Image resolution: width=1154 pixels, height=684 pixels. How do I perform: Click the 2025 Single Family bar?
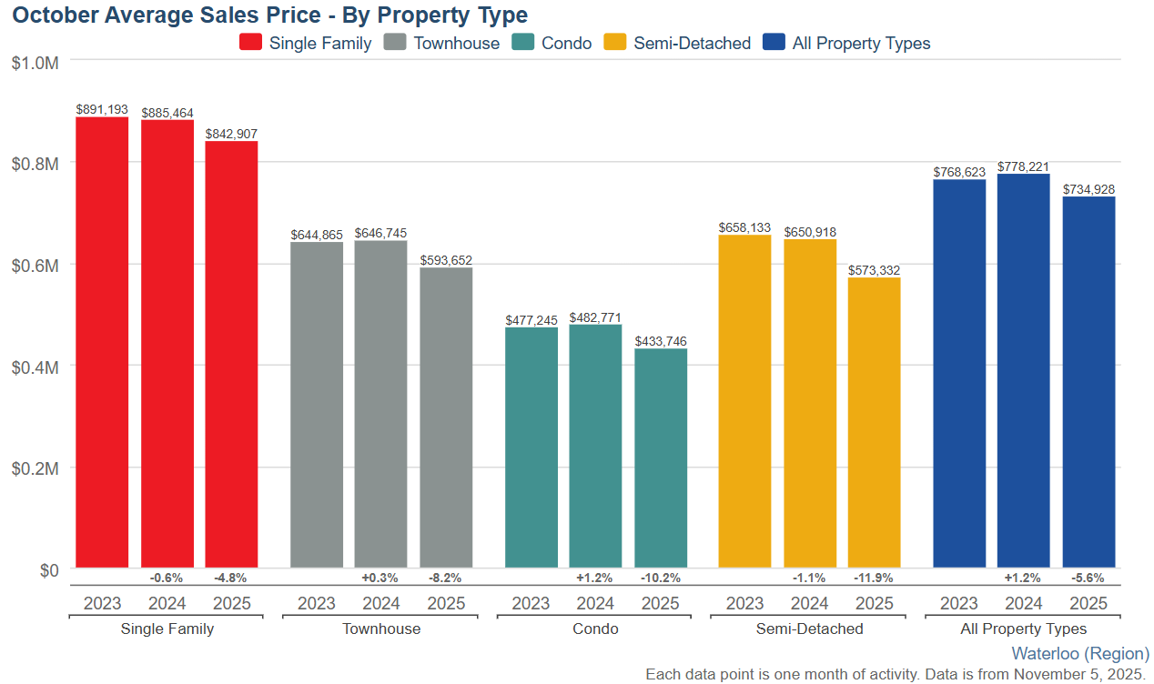click(x=231, y=355)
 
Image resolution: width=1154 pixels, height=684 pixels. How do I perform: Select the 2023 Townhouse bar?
click(x=317, y=405)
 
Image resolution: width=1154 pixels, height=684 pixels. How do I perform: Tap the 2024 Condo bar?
click(x=595, y=446)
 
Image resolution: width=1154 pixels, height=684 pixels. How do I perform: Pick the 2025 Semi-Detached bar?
click(x=875, y=423)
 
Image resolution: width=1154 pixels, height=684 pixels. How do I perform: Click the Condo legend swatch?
click(x=522, y=43)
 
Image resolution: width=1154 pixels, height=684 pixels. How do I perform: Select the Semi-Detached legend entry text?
click(x=692, y=43)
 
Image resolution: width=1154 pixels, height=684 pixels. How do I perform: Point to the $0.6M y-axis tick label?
click(x=35, y=266)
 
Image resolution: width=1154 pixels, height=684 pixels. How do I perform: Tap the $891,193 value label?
click(x=102, y=109)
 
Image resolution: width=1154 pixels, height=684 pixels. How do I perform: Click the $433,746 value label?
click(x=661, y=341)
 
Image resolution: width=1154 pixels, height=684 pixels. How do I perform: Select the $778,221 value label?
click(x=1024, y=166)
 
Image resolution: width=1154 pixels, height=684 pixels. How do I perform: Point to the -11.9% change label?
click(x=875, y=578)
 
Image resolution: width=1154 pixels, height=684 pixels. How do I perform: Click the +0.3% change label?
click(x=380, y=578)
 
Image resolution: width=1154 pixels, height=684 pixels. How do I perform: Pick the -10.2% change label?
click(x=661, y=578)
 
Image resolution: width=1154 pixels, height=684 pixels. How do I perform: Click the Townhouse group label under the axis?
click(x=381, y=629)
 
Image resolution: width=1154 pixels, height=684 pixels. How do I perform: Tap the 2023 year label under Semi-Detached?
click(x=745, y=603)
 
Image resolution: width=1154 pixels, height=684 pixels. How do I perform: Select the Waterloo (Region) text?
click(x=1080, y=653)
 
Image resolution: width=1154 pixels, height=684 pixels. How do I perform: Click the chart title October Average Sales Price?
click(x=270, y=15)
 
